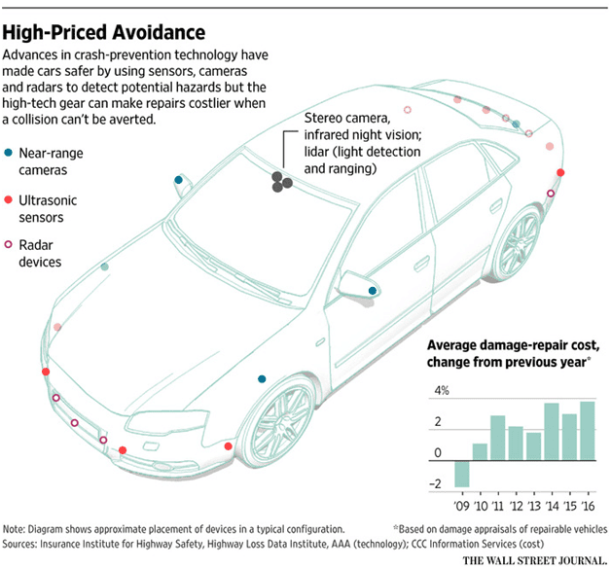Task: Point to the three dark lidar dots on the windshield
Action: [282, 181]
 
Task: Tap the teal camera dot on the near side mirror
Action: [373, 291]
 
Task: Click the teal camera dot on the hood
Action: [261, 378]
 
